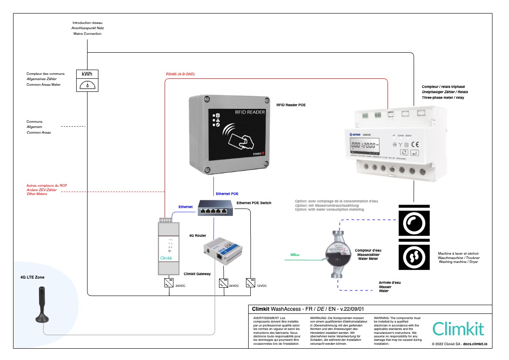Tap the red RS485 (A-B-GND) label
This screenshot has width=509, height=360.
pyautogui.click(x=180, y=74)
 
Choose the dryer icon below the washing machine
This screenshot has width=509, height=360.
pyautogui.click(x=414, y=257)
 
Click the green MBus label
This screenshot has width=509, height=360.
pyautogui.click(x=295, y=255)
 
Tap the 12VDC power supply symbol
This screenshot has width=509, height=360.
pyautogui.click(x=250, y=283)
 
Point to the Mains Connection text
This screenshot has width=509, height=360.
pyautogui.click(x=87, y=34)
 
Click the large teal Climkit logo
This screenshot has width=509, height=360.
pyautogui.click(x=458, y=328)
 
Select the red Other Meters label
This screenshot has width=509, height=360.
pyautogui.click(x=37, y=194)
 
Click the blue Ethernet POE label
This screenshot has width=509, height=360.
pyautogui.click(x=227, y=193)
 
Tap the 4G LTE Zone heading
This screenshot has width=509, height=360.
pyautogui.click(x=32, y=277)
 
